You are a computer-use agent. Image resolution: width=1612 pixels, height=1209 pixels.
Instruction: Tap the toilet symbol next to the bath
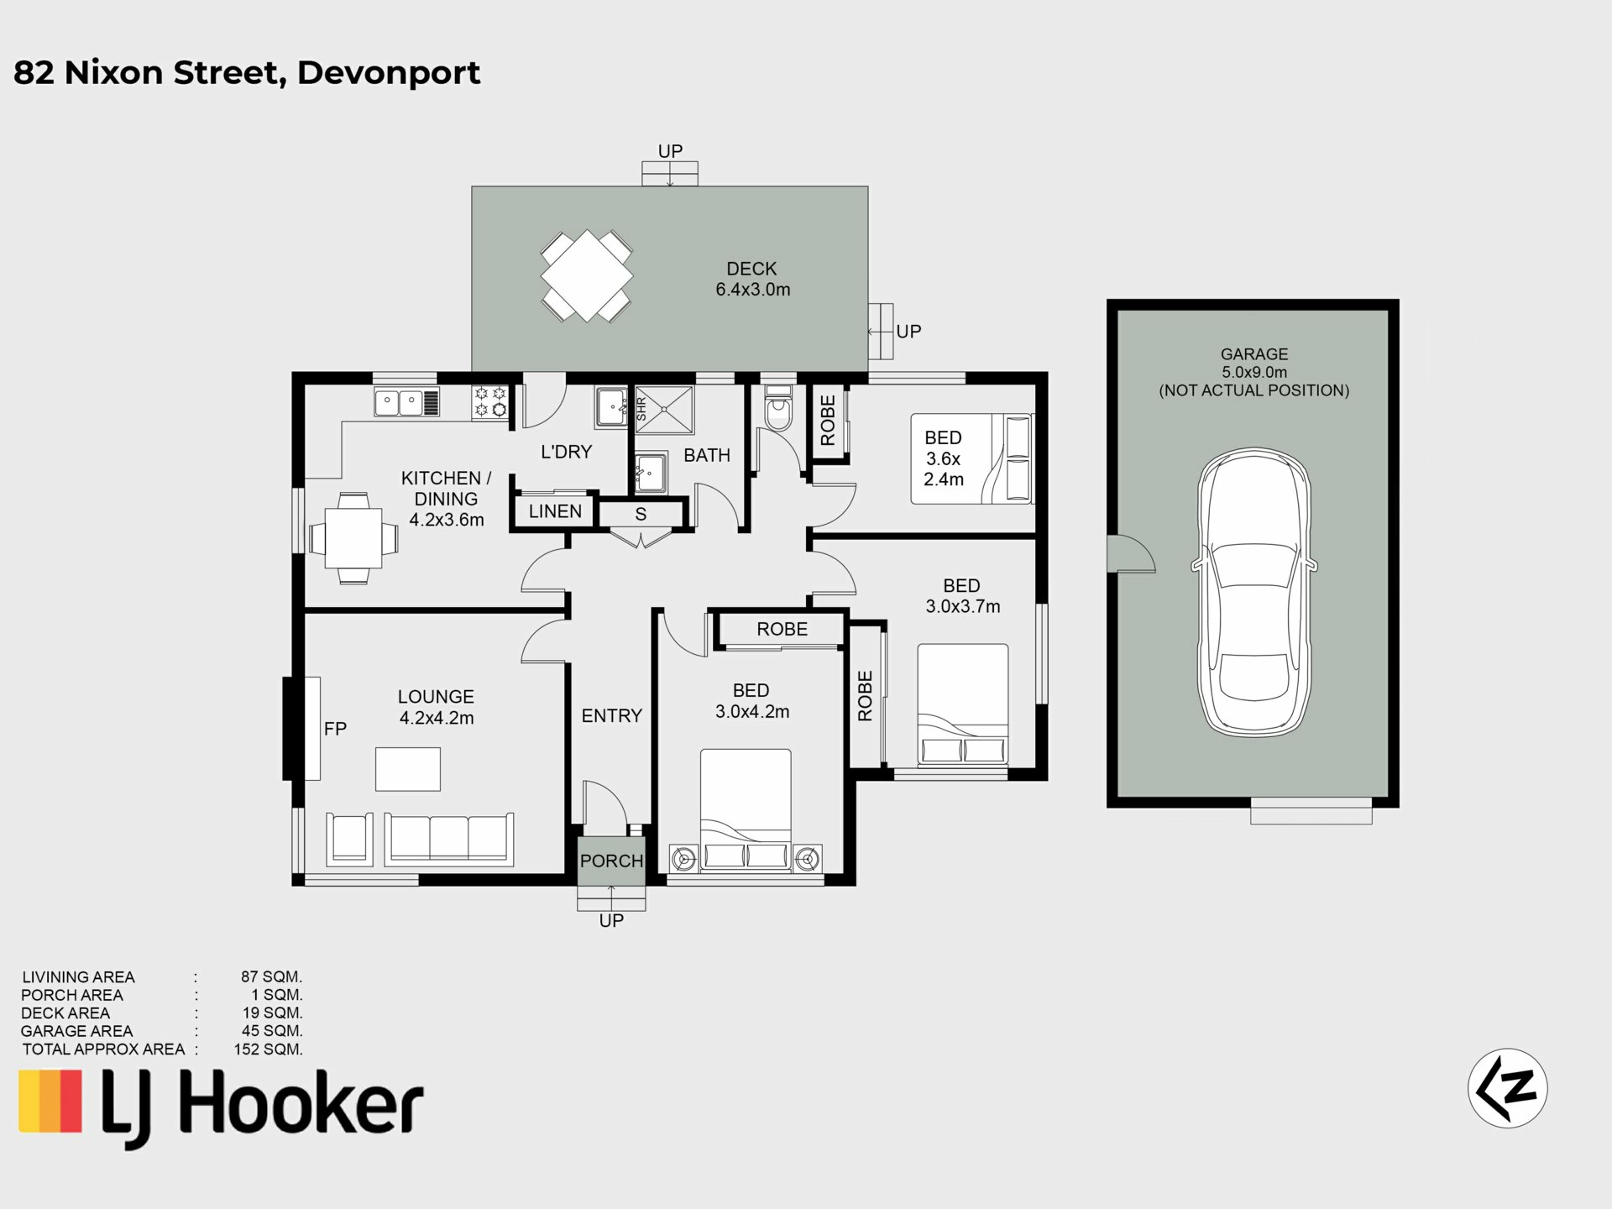click(x=778, y=408)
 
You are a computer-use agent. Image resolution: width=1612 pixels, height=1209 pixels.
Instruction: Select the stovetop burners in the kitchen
click(x=490, y=401)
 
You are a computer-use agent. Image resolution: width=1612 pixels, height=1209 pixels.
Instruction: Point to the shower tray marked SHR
click(x=664, y=410)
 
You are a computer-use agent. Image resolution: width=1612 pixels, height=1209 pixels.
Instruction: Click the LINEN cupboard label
click(x=555, y=511)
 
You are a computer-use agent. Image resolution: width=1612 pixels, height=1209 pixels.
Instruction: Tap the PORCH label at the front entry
click(x=611, y=861)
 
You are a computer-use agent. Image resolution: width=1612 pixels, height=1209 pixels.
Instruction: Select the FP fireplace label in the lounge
click(x=335, y=729)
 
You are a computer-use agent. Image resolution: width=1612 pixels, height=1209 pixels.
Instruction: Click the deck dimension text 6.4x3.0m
click(x=753, y=290)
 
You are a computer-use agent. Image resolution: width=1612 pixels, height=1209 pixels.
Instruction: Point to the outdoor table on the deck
click(x=587, y=276)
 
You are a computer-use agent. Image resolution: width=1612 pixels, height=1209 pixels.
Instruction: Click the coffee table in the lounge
click(x=407, y=769)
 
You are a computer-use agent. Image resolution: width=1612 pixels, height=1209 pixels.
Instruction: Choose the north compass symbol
click(x=1507, y=1088)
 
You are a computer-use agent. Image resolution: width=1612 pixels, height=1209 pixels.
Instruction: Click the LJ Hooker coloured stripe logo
click(x=50, y=1100)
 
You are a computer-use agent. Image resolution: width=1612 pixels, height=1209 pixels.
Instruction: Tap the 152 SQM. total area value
click(x=268, y=1049)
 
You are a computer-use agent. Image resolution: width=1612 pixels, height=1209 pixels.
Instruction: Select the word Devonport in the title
click(x=389, y=73)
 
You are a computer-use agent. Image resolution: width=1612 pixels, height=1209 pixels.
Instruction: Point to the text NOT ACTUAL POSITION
click(x=1254, y=390)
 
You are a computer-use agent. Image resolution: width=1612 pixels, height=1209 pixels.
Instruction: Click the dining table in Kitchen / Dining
click(x=353, y=538)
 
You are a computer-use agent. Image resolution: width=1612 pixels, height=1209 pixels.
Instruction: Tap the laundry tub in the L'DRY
click(x=611, y=407)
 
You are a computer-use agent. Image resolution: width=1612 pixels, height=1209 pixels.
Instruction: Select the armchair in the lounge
click(x=348, y=838)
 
